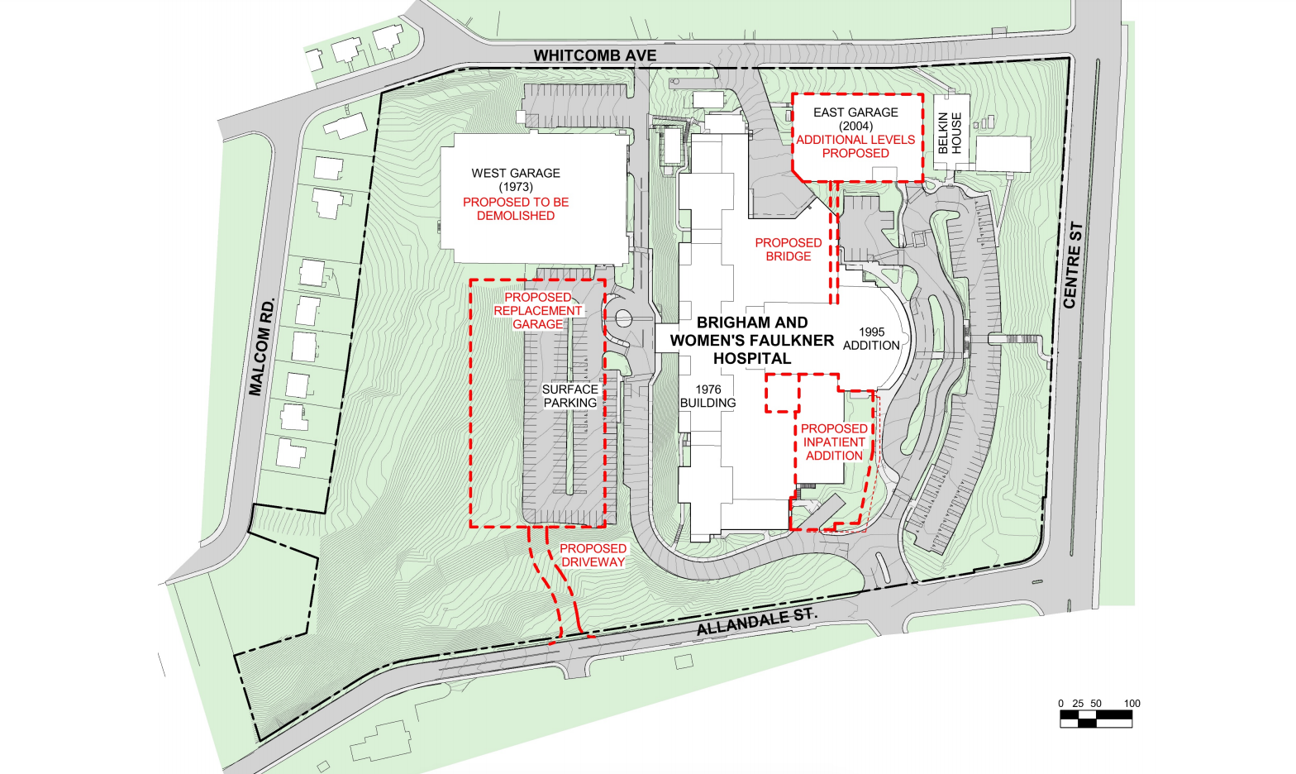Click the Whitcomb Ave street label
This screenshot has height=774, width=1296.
pyautogui.click(x=594, y=55)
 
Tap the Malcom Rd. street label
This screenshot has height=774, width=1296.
pyautogui.click(x=262, y=346)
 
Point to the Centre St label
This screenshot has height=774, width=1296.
pyautogui.click(x=1073, y=265)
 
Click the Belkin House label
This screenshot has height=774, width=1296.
pyautogui.click(x=950, y=132)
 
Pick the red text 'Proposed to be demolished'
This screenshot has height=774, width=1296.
pyautogui.click(x=516, y=208)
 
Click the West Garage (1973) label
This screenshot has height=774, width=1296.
pyautogui.click(x=516, y=179)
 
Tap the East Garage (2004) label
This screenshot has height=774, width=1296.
pyautogui.click(x=855, y=118)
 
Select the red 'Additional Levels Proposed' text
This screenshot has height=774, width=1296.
pyautogui.click(x=855, y=146)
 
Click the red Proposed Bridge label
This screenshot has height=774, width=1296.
pyautogui.click(x=788, y=249)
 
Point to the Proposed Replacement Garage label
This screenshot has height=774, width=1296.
pyautogui.click(x=537, y=310)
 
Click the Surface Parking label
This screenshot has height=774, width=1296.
pyautogui.click(x=569, y=396)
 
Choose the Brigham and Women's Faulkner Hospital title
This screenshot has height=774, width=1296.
pyautogui.click(x=751, y=340)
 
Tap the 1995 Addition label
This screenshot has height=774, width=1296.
pyautogui.click(x=871, y=338)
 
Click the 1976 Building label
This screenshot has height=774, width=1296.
pyautogui.click(x=708, y=396)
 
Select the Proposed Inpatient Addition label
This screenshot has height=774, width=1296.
pyautogui.click(x=834, y=442)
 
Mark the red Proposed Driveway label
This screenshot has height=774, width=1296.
pyautogui.click(x=593, y=555)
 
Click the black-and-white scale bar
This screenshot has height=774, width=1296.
pyautogui.click(x=1095, y=719)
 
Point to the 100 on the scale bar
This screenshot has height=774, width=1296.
pyautogui.click(x=1132, y=704)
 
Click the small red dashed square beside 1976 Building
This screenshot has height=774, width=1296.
pyautogui.click(x=782, y=394)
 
